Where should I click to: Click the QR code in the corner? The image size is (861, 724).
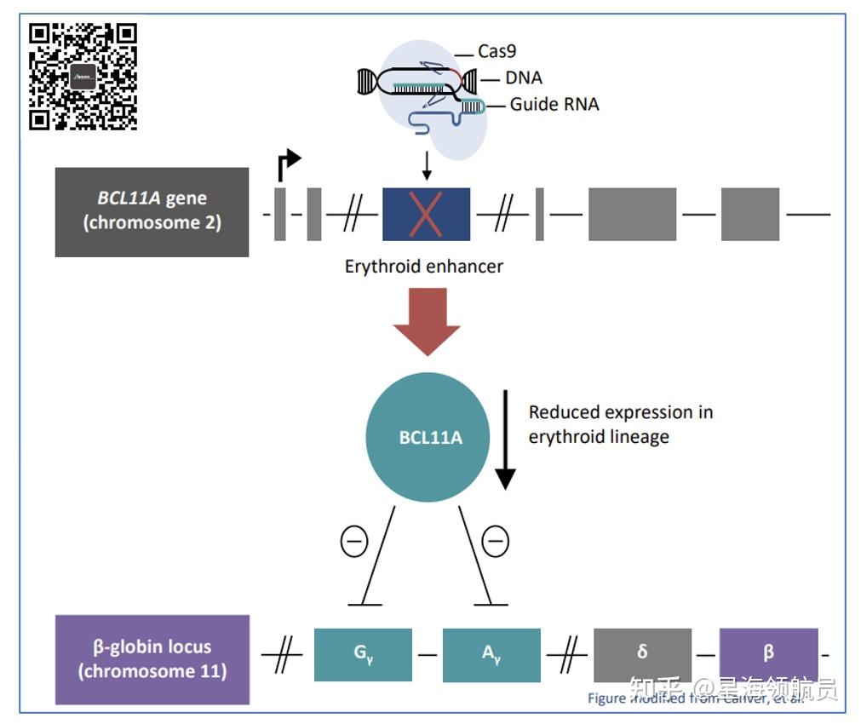83,76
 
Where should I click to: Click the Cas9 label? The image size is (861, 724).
497,52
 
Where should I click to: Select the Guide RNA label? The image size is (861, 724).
554,105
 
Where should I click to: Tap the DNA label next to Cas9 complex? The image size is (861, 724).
523,78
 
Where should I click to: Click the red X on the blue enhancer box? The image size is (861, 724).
426,213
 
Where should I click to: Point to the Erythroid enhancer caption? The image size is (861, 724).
423,267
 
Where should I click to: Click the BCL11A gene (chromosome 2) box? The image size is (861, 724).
152,211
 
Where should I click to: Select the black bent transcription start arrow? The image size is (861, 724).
288,164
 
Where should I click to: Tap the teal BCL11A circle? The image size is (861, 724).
430,438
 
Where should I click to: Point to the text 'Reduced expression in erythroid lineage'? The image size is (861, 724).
620,424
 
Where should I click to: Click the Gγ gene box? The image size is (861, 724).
363,655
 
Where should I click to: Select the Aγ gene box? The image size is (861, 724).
491,655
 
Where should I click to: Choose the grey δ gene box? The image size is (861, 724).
642,653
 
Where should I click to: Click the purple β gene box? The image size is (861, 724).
768,653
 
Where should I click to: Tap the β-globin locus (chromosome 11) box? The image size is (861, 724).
152,659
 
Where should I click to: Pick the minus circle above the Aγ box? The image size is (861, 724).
496,541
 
